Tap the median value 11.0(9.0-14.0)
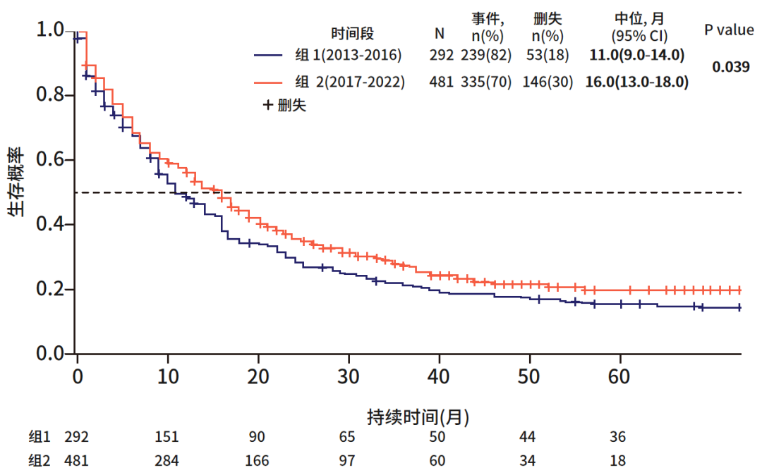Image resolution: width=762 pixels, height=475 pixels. pyautogui.click(x=636, y=54)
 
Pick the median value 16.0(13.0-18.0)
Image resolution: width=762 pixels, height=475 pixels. pyautogui.click(x=636, y=82)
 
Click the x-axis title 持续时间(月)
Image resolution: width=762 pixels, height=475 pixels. pyautogui.click(x=418, y=417)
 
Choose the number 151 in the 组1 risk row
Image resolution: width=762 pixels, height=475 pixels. pyautogui.click(x=167, y=438)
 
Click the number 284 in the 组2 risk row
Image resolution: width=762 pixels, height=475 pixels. pyautogui.click(x=167, y=462)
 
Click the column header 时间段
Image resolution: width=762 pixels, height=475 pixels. pyautogui.click(x=353, y=33)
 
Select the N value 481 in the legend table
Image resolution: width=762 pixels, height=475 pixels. pyautogui.click(x=440, y=82)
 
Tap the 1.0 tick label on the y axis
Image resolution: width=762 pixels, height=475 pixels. pyautogui.click(x=51, y=30)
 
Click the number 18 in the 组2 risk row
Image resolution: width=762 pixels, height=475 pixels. pyautogui.click(x=617, y=462)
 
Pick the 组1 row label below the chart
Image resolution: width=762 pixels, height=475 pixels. pyautogui.click(x=39, y=438)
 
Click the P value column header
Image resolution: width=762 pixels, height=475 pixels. pyautogui.click(x=729, y=30)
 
